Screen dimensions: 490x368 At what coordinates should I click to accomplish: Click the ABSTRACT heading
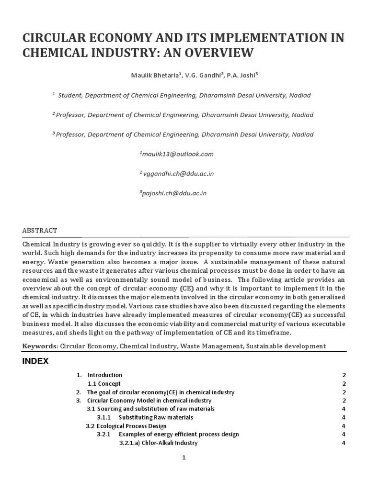(x=40, y=230)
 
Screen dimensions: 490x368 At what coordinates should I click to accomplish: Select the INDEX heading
(x=35, y=361)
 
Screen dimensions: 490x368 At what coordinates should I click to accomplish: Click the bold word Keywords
(x=40, y=346)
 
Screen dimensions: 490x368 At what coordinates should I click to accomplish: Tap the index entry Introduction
(x=104, y=375)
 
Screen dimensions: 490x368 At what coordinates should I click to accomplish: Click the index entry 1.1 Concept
(x=104, y=384)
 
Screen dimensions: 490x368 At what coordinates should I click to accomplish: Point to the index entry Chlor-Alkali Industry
(x=158, y=443)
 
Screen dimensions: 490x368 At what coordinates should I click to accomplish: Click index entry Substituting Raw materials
(x=156, y=417)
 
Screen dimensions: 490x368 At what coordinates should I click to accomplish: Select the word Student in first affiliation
(x=70, y=95)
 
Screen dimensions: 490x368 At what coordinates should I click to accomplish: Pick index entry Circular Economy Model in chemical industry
(x=149, y=401)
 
